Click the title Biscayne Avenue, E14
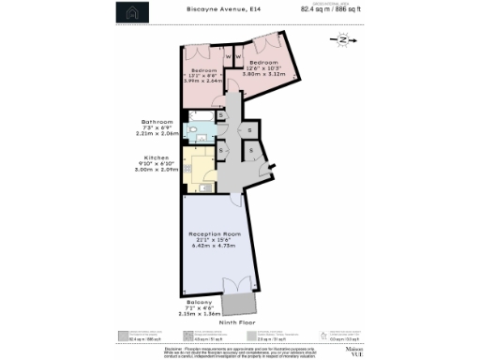pos(222,9)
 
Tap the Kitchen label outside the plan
pos(156,157)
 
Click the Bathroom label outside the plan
pos(157,123)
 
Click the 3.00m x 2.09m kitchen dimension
pos(156,171)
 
